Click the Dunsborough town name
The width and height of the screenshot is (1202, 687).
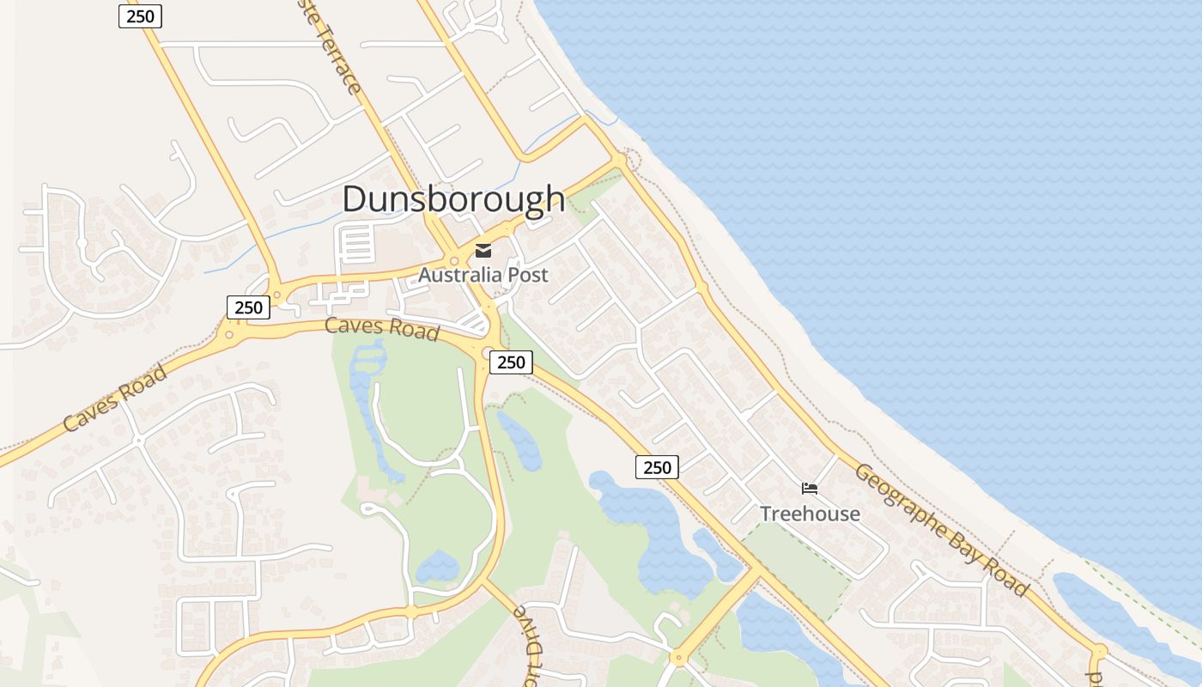pos(453,199)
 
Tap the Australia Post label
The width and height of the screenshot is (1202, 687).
pos(483,276)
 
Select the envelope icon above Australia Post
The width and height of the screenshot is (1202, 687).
pos(483,251)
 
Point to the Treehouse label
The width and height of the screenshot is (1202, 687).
pos(810,514)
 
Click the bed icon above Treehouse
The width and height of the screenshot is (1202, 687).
pos(810,489)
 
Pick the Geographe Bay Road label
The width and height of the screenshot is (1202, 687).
pos(941,530)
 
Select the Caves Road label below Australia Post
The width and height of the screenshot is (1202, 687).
pos(382,328)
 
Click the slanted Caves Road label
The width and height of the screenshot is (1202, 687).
pos(115,398)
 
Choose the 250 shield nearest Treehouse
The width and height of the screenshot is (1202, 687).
pos(657,467)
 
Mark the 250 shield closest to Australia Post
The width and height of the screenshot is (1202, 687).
pos(511,362)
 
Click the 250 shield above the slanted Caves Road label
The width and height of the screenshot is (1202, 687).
pos(248,307)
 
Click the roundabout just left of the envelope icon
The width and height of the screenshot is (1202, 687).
pos(453,260)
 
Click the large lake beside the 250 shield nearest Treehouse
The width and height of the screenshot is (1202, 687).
pos(653,524)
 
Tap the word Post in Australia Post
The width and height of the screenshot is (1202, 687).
pos(525,276)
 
